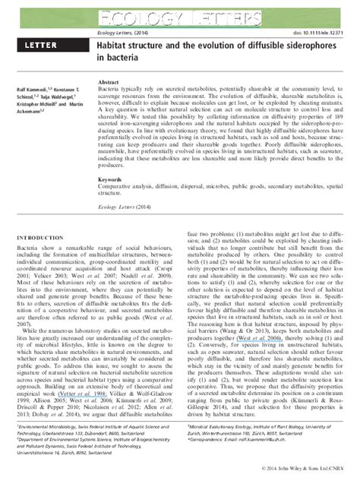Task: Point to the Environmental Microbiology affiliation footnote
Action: coord(81,427)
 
